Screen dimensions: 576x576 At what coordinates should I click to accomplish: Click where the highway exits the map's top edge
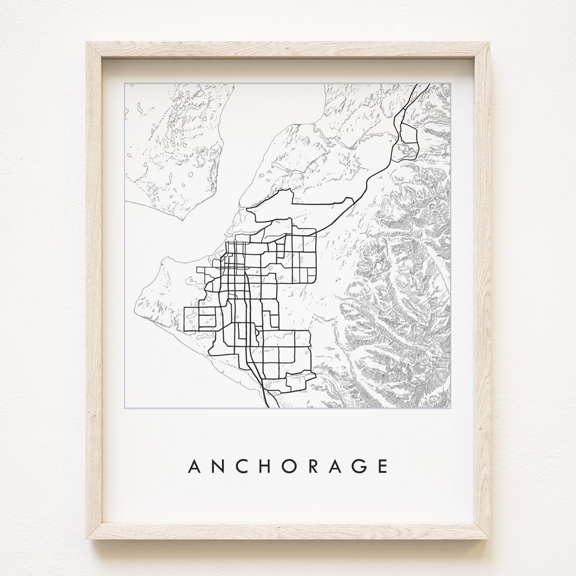[428, 84]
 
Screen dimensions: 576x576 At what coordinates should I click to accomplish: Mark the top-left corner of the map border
[124, 83]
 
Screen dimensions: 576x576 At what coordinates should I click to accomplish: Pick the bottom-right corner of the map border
[451, 408]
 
